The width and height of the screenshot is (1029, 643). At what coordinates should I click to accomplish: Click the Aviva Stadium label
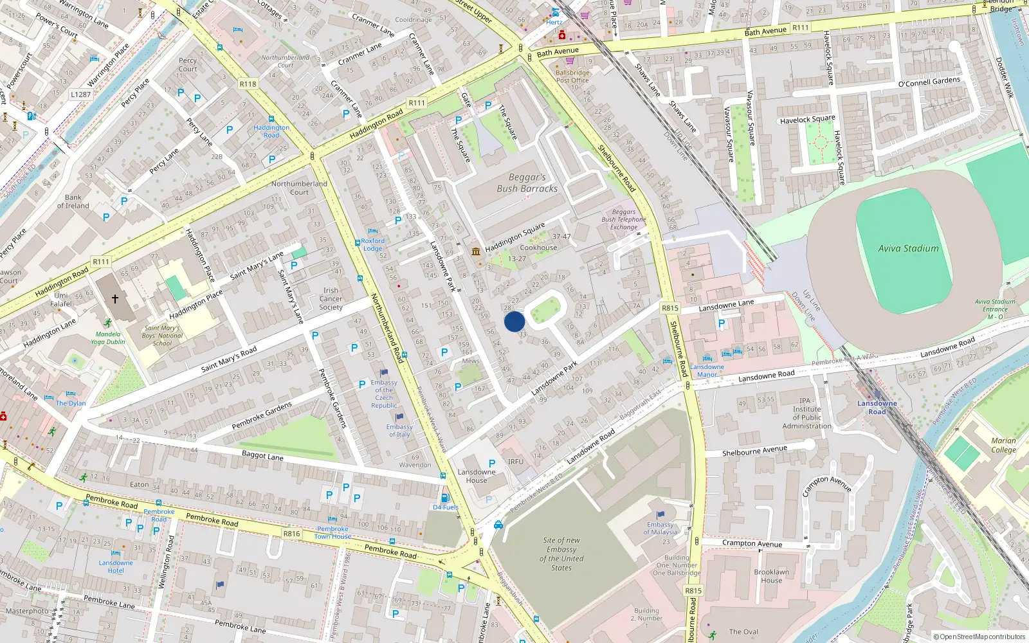908,248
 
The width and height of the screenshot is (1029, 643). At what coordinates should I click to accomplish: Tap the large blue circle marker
514,321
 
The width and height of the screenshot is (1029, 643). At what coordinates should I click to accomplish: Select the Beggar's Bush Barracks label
527,183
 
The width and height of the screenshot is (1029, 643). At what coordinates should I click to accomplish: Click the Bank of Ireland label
73,202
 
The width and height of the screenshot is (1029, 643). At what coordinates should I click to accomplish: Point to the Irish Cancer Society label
331,299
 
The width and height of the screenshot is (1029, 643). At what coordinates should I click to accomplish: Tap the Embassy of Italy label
399,430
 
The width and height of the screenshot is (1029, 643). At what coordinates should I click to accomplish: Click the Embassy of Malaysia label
660,529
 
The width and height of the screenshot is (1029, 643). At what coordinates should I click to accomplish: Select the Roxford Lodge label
372,245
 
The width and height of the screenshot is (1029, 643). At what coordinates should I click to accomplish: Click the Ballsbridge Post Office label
572,77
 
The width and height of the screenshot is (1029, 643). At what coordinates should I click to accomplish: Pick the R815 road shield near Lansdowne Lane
670,308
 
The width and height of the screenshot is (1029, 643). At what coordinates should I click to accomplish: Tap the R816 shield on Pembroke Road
292,534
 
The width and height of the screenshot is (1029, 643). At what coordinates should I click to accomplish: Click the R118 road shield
248,84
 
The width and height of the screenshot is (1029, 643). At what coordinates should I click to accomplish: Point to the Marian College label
1003,445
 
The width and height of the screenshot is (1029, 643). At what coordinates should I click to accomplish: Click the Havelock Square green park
820,142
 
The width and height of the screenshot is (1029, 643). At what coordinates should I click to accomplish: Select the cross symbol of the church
115,298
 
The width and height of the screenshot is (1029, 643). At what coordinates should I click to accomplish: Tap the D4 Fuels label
446,507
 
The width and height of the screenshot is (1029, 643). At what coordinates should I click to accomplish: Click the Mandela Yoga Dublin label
108,338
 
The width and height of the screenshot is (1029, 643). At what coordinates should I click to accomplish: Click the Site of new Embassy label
561,554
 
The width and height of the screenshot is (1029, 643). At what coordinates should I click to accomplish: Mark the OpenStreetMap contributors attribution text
979,637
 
